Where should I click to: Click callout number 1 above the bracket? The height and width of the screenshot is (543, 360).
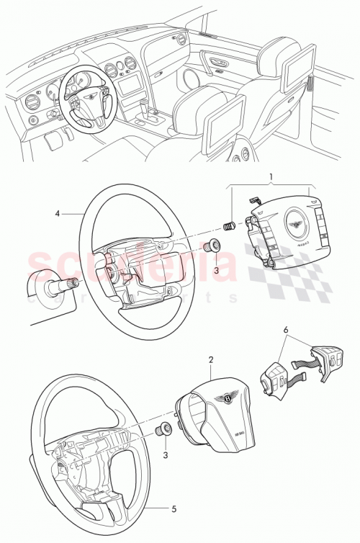tap(271, 175)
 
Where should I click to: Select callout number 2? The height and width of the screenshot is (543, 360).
tap(210, 359)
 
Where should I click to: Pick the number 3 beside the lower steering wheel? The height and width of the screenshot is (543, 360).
tap(166, 454)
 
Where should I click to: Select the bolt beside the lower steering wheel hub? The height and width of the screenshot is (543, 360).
tap(163, 431)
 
